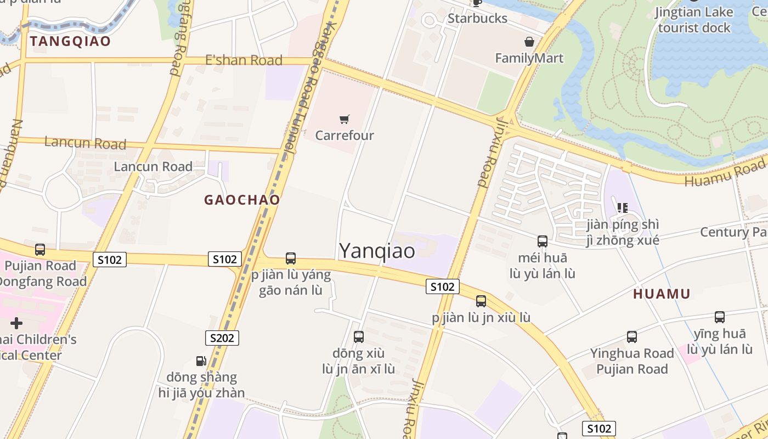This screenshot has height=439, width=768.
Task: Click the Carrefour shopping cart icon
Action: click(344, 119)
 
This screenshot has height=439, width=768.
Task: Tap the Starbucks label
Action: click(477, 18)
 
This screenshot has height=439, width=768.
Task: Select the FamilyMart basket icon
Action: click(529, 42)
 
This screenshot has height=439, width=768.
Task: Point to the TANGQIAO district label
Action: click(70, 41)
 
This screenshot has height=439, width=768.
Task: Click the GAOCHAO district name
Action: click(242, 200)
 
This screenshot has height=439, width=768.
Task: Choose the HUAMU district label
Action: click(662, 294)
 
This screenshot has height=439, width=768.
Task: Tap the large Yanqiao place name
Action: click(377, 251)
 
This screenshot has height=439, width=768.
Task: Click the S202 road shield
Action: click(222, 337)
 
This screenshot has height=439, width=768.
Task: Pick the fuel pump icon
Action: click(201, 361)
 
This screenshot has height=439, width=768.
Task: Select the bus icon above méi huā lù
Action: click(542, 241)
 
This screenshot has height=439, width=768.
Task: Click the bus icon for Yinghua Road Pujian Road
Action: click(631, 336)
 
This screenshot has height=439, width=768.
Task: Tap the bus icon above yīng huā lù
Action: click(719, 317)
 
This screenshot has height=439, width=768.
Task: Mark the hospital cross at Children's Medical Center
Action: click(16, 323)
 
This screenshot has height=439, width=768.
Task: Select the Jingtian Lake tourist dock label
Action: click(694, 20)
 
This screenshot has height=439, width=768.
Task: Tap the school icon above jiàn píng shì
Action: click(622, 207)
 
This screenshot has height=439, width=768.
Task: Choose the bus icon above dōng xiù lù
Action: click(358, 336)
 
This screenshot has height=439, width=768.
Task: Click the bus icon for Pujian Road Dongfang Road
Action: click(39, 250)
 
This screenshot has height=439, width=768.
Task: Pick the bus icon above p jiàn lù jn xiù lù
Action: click(481, 301)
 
